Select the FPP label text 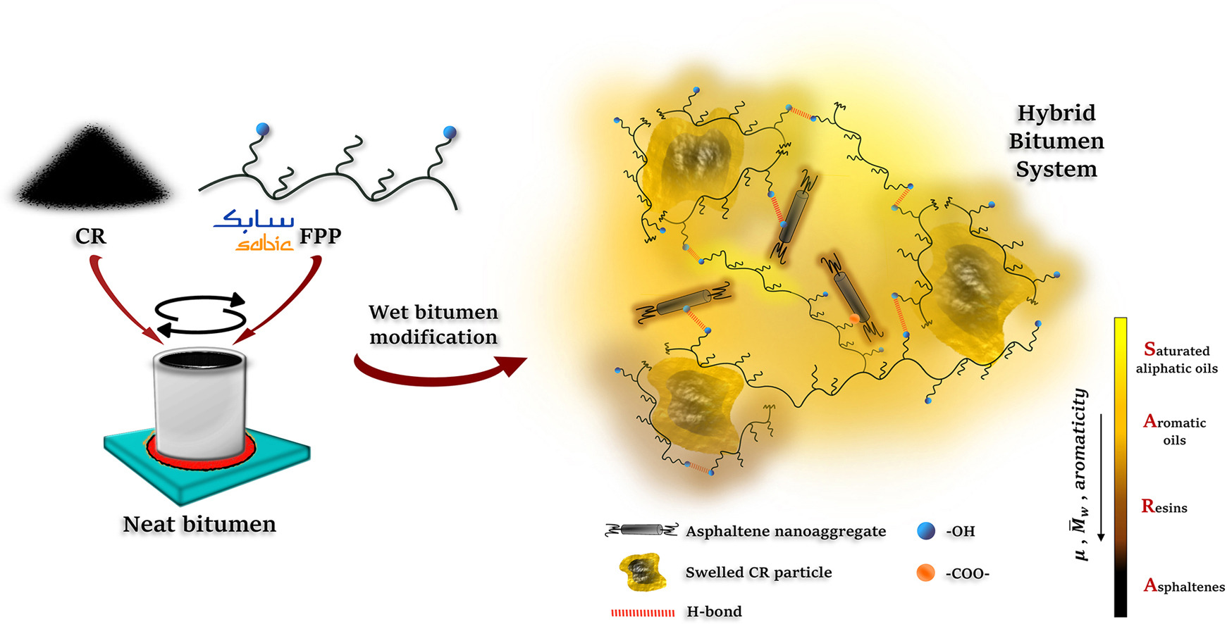[x=320, y=236]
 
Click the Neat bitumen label [x=199, y=524]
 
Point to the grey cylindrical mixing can [x=200, y=405]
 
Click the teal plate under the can [x=206, y=465]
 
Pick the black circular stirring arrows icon [x=201, y=314]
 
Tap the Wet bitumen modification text [x=433, y=325]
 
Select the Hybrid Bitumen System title [x=1056, y=141]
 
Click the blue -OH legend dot [x=926, y=531]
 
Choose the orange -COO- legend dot [x=926, y=573]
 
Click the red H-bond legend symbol [x=643, y=613]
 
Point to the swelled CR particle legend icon [x=642, y=572]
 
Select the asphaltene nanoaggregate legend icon [x=641, y=530]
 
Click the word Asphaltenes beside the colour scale [x=1184, y=585]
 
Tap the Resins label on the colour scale [x=1164, y=506]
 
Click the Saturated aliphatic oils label [x=1176, y=358]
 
